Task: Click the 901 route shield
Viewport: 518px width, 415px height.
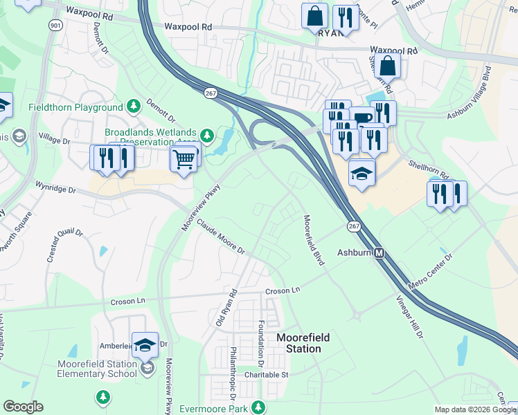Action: (55, 24)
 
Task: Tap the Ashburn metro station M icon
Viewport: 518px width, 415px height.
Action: (379, 253)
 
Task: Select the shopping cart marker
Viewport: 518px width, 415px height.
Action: (184, 159)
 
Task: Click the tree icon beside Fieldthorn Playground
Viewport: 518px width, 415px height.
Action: (134, 107)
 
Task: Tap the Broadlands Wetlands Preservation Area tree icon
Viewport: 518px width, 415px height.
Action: (206, 133)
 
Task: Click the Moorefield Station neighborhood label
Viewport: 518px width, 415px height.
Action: (303, 343)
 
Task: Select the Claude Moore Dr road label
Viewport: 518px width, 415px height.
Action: (220, 237)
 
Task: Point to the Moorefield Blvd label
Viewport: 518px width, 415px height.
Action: (314, 240)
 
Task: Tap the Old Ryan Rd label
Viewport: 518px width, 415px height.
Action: (226, 308)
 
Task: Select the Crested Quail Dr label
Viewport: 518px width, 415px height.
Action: (61, 244)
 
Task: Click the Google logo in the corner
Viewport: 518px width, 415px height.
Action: (23, 407)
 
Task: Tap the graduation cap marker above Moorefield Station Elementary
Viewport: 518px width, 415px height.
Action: (145, 344)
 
